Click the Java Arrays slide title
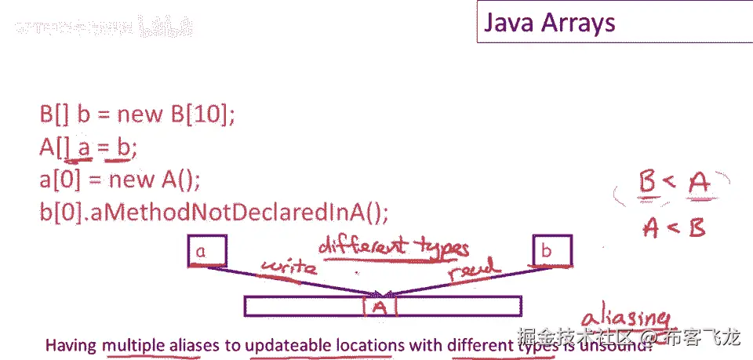[x=549, y=23]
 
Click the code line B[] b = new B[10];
[x=137, y=115]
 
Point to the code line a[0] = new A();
[x=120, y=180]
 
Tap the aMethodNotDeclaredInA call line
[x=213, y=211]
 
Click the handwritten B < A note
[x=671, y=184]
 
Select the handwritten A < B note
[x=673, y=227]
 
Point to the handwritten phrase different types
[x=393, y=249]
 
